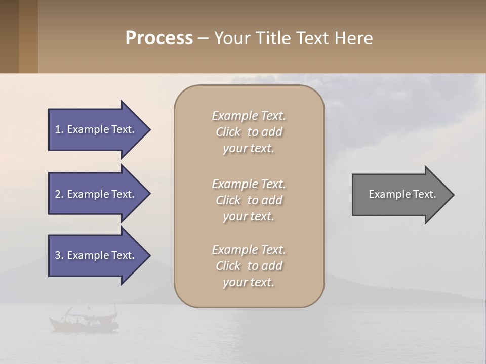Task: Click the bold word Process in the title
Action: click(x=159, y=38)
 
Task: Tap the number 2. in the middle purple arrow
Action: click(x=59, y=194)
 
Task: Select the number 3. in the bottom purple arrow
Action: click(x=59, y=255)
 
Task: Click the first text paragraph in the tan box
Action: click(x=249, y=132)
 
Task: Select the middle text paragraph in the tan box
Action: click(x=249, y=200)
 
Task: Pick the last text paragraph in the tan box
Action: click(x=249, y=266)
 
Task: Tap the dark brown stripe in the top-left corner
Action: click(x=9, y=36)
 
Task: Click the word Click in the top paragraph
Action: click(x=228, y=132)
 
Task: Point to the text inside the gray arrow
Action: click(x=402, y=194)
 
